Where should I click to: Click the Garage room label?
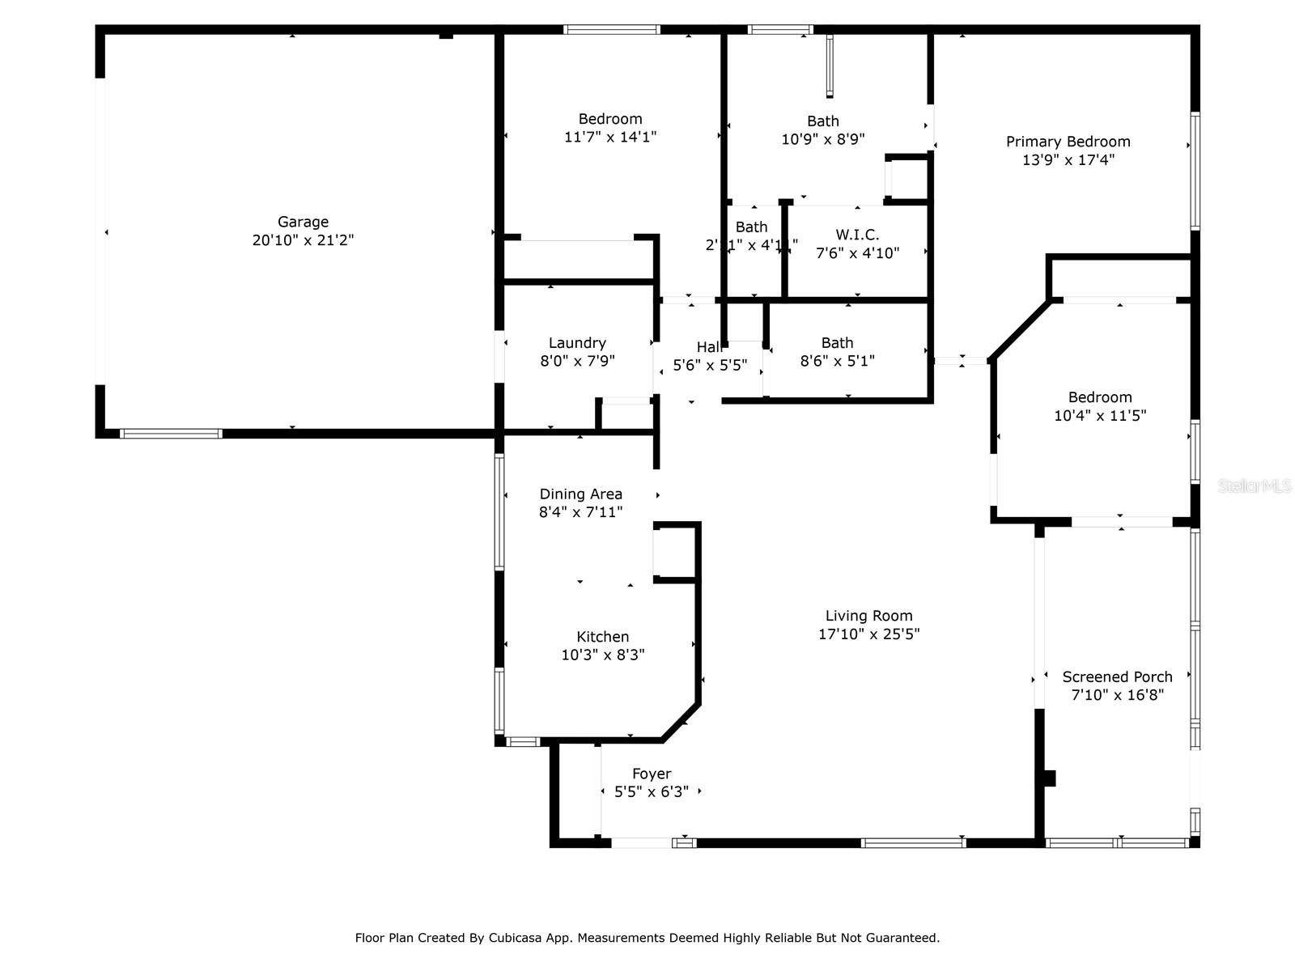(x=303, y=222)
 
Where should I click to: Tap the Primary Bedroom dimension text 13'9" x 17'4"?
(x=1068, y=160)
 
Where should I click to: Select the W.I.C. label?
(x=857, y=235)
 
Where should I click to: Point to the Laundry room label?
(x=577, y=343)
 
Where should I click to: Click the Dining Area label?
(x=580, y=494)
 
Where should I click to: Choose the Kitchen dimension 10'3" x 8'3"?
(x=603, y=655)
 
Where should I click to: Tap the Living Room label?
(x=868, y=616)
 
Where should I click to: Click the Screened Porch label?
(x=1117, y=676)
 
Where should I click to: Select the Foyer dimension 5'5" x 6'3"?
(x=652, y=792)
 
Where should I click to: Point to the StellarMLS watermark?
(x=1254, y=486)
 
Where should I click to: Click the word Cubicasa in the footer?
(x=516, y=939)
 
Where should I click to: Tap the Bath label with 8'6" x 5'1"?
(x=837, y=343)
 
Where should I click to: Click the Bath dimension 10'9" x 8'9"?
(x=822, y=139)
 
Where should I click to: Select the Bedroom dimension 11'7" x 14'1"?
(x=610, y=138)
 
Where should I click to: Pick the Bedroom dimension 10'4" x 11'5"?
(x=1100, y=416)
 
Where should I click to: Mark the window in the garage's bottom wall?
(x=171, y=434)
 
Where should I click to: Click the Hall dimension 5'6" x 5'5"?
(x=710, y=366)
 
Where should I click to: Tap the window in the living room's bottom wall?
(x=913, y=843)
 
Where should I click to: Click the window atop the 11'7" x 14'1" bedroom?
(x=612, y=30)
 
